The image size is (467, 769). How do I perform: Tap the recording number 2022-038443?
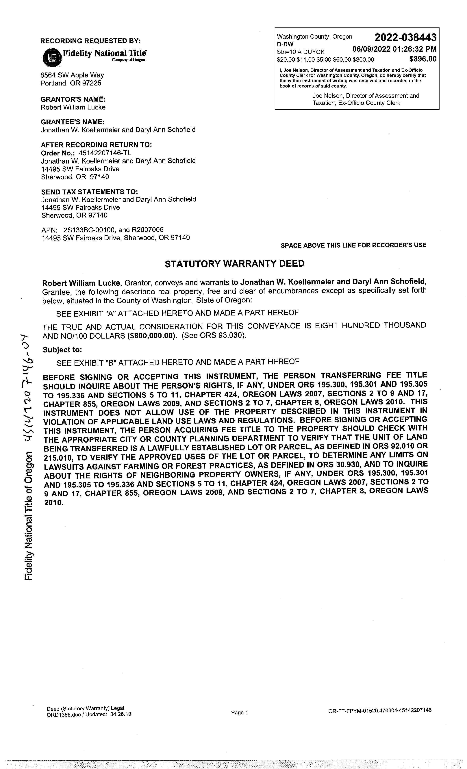(405, 38)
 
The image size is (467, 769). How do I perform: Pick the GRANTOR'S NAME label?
(73, 99)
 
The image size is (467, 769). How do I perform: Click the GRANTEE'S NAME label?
(72, 122)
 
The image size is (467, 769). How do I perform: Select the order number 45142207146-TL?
(105, 153)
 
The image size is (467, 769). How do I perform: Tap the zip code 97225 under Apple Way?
(91, 83)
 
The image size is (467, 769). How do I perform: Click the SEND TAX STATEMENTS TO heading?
(90, 192)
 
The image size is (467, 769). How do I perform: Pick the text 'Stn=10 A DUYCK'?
(300, 52)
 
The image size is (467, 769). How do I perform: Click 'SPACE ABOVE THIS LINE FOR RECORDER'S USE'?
(353, 245)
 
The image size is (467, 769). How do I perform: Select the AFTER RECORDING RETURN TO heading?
(96, 145)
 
